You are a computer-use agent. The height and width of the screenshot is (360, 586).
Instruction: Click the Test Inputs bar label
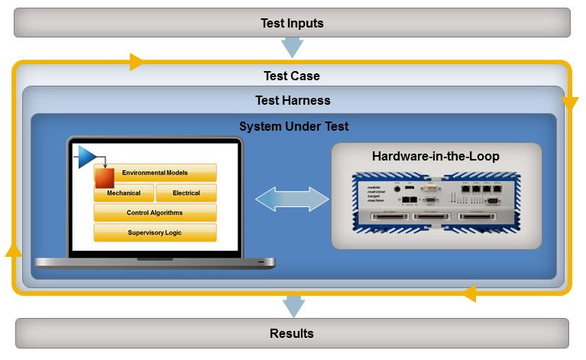coord(292,23)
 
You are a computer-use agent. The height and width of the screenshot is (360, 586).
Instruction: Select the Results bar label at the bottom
coord(292,333)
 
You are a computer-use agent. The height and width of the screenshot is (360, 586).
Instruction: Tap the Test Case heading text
coord(292,76)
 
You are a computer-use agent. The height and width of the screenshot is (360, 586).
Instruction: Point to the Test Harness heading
coord(292,100)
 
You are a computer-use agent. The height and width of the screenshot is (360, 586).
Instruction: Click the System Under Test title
coord(293,126)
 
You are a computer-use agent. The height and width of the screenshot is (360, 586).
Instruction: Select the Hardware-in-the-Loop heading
coord(435,157)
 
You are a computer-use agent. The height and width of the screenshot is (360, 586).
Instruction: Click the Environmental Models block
coord(155,173)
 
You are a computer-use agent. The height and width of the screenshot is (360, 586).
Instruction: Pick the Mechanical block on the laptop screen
coord(124,193)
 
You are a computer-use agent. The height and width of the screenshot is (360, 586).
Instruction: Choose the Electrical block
coord(186,193)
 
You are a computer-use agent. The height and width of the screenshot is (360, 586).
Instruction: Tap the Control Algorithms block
coord(155,212)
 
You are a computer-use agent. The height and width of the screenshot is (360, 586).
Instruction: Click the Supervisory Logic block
coord(155,232)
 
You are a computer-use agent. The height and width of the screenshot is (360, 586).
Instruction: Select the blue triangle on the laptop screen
coord(86,157)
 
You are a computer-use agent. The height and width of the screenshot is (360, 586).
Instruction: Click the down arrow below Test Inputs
coord(292,48)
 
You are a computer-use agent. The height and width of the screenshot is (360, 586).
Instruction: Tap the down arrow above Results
coord(292,306)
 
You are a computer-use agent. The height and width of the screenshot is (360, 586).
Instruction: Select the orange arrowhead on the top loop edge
coord(137,62)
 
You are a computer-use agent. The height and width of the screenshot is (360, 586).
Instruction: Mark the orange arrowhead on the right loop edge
coord(569,102)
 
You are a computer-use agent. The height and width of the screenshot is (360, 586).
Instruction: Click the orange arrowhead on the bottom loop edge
coord(470,293)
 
